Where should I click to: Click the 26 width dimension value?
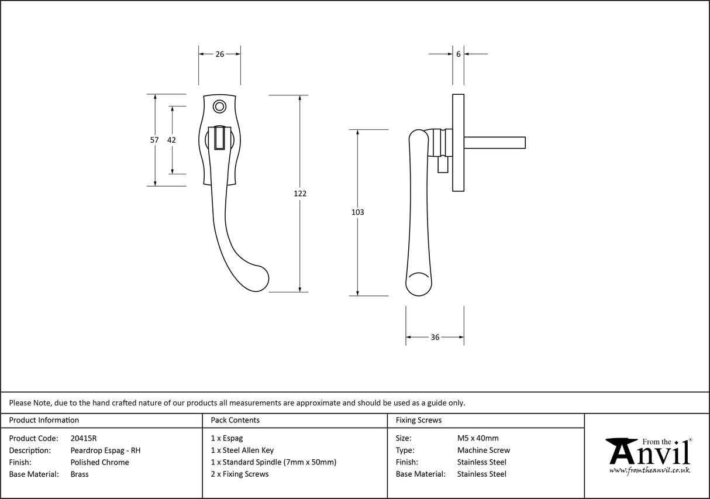(x=220, y=54)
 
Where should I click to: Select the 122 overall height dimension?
(x=300, y=194)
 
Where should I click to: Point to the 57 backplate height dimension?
(x=154, y=140)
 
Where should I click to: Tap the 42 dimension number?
(x=171, y=140)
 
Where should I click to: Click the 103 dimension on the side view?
(x=357, y=212)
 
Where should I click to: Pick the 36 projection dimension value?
(x=435, y=338)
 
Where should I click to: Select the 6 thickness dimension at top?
(x=458, y=54)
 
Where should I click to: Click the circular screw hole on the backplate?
(x=220, y=106)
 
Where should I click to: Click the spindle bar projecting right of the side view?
(x=494, y=142)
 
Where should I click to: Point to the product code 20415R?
(x=83, y=438)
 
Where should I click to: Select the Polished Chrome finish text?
(x=99, y=462)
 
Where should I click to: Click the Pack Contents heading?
(x=235, y=420)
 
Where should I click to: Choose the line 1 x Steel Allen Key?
(x=242, y=450)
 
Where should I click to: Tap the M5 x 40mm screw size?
(x=478, y=438)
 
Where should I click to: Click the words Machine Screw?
(x=483, y=450)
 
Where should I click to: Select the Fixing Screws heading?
(x=419, y=420)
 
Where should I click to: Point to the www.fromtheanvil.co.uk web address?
(x=649, y=470)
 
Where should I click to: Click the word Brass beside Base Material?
(x=80, y=474)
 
